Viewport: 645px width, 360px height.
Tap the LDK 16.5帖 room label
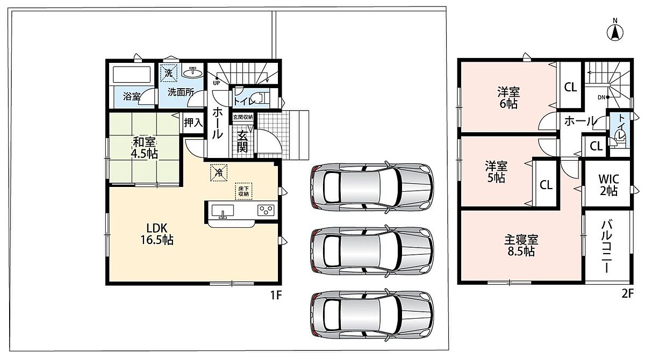click(157, 234)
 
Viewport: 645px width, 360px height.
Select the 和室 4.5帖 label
click(144, 148)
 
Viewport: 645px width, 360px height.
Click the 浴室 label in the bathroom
click(132, 96)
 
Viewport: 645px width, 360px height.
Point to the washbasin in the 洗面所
click(192, 72)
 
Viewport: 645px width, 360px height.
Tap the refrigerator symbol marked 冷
click(219, 172)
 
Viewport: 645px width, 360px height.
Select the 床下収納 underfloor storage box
click(243, 191)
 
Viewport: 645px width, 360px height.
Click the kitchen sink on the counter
click(223, 211)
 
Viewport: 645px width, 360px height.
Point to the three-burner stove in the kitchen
click(266, 210)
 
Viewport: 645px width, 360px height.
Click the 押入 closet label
click(193, 123)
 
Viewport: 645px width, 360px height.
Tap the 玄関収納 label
click(243, 117)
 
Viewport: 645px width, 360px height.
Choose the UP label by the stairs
click(216, 83)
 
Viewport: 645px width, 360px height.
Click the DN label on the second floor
click(601, 97)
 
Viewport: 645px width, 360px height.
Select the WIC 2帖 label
click(608, 185)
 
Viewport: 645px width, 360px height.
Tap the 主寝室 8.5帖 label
click(521, 246)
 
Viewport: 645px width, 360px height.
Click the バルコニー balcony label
click(606, 247)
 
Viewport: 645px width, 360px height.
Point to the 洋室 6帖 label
click(508, 98)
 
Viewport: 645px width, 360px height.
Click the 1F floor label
click(276, 295)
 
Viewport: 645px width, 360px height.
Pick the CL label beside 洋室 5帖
click(546, 185)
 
